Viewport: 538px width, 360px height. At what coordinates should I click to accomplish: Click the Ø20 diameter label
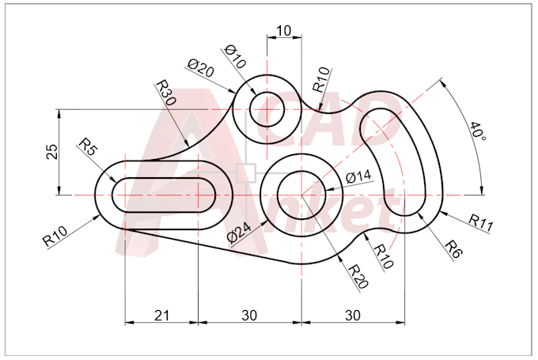(x=201, y=69)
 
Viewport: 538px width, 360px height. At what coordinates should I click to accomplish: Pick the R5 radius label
(x=88, y=146)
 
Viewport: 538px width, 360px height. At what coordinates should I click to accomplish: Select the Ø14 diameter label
(x=358, y=176)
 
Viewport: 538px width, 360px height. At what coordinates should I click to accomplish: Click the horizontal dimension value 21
(x=161, y=315)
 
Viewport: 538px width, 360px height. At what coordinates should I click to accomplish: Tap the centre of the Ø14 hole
(x=301, y=192)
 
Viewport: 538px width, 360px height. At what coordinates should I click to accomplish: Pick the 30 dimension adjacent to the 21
(x=249, y=315)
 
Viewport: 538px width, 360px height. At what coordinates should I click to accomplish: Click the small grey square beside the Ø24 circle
(x=248, y=172)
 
